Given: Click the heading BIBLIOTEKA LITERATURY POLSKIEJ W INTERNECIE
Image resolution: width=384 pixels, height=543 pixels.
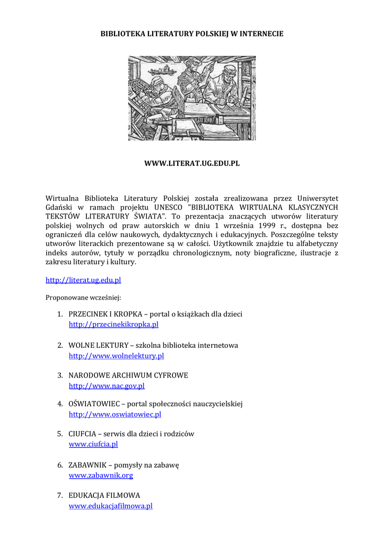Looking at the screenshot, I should pos(192,34).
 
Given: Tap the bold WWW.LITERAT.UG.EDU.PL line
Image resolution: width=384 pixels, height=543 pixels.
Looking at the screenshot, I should pos(192,163).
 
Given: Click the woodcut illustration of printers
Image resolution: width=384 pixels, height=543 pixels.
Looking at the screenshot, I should pos(192,98).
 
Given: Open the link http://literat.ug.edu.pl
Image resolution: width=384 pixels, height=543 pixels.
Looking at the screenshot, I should pos(83,280).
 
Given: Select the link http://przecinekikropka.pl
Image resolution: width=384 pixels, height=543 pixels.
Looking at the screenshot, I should pos(114,324).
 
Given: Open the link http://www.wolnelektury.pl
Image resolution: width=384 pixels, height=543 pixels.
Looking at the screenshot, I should pos(116,355).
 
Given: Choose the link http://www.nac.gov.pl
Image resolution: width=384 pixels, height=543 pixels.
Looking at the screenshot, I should pos(107,386).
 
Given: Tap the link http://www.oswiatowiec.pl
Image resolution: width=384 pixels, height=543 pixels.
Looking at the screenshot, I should pos(115,414).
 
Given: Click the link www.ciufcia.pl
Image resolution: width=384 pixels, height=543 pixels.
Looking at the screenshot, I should pos(93,444).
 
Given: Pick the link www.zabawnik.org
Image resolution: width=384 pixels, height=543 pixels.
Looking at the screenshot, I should pos(101,476).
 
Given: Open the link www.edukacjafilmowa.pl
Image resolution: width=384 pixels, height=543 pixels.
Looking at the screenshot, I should pos(110,506).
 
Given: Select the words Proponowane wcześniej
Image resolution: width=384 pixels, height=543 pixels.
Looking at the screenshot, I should pos(83,297).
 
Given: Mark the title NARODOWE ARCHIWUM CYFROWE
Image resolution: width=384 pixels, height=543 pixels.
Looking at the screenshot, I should pos(128,375).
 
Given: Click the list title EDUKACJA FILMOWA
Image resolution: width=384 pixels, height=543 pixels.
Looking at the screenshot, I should pos(104,495).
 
